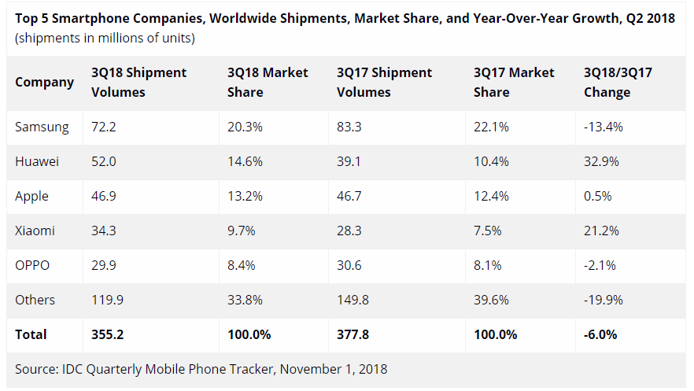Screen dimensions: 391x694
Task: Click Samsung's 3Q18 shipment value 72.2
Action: (104, 127)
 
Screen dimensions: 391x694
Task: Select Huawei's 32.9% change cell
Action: (601, 161)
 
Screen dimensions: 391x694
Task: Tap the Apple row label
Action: (31, 196)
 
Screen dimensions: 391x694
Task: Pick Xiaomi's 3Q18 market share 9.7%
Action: (241, 231)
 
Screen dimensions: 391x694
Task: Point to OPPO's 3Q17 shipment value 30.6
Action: (349, 265)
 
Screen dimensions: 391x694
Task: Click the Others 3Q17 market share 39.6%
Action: (490, 300)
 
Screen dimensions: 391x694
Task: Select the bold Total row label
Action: (31, 334)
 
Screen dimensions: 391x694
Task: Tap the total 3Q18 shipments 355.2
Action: (107, 334)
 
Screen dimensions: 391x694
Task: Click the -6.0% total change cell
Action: (600, 334)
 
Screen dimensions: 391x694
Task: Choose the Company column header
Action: (44, 82)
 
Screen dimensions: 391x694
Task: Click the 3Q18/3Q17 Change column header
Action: (618, 82)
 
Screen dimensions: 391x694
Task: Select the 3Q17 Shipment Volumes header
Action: (384, 82)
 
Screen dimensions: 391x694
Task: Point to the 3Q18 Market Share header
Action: (268, 82)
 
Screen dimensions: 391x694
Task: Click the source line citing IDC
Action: (201, 368)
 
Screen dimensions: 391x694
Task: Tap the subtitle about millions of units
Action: (105, 38)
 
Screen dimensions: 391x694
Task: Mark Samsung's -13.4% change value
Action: (603, 127)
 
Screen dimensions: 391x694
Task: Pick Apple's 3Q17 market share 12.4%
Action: (490, 196)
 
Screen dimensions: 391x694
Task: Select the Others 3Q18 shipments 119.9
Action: (107, 300)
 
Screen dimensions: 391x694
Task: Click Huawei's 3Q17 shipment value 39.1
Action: (349, 161)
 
